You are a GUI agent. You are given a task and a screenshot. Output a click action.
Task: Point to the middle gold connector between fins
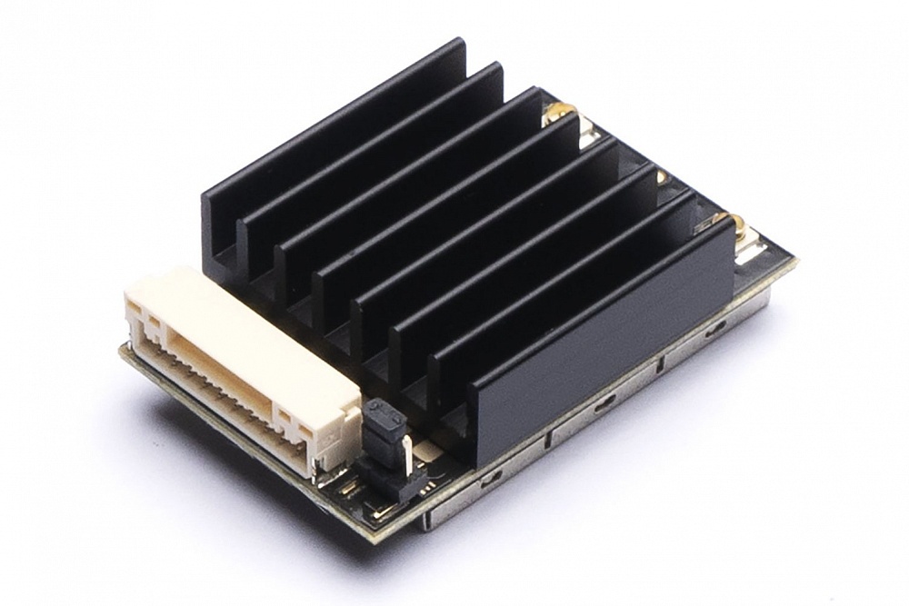[x=662, y=176]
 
